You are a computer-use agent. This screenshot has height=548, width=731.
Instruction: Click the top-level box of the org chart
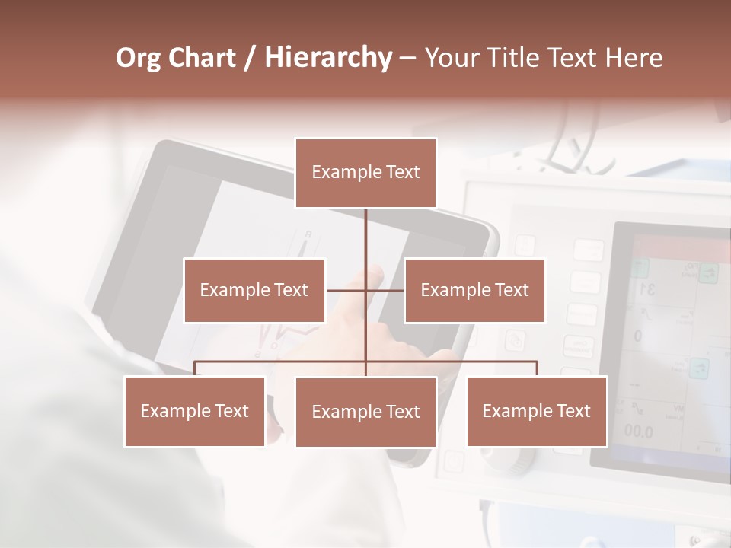365,173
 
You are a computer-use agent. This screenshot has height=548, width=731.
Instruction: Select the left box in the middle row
254,290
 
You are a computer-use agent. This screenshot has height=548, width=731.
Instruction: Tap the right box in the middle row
474,290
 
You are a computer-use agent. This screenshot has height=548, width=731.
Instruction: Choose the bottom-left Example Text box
195,411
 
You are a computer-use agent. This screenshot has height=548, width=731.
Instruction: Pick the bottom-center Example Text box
365,412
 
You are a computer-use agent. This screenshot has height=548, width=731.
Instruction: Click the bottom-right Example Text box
537,411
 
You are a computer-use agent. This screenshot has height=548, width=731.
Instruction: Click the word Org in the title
138,58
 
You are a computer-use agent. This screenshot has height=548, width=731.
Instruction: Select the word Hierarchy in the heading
327,58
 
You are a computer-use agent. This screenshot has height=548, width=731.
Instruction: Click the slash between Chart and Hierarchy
250,58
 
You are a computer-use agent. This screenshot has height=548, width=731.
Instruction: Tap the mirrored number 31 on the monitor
647,288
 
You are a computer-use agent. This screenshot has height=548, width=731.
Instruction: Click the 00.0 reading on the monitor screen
638,432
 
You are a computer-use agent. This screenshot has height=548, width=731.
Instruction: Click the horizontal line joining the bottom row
449,362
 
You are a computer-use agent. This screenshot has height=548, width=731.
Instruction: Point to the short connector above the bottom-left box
195,368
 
